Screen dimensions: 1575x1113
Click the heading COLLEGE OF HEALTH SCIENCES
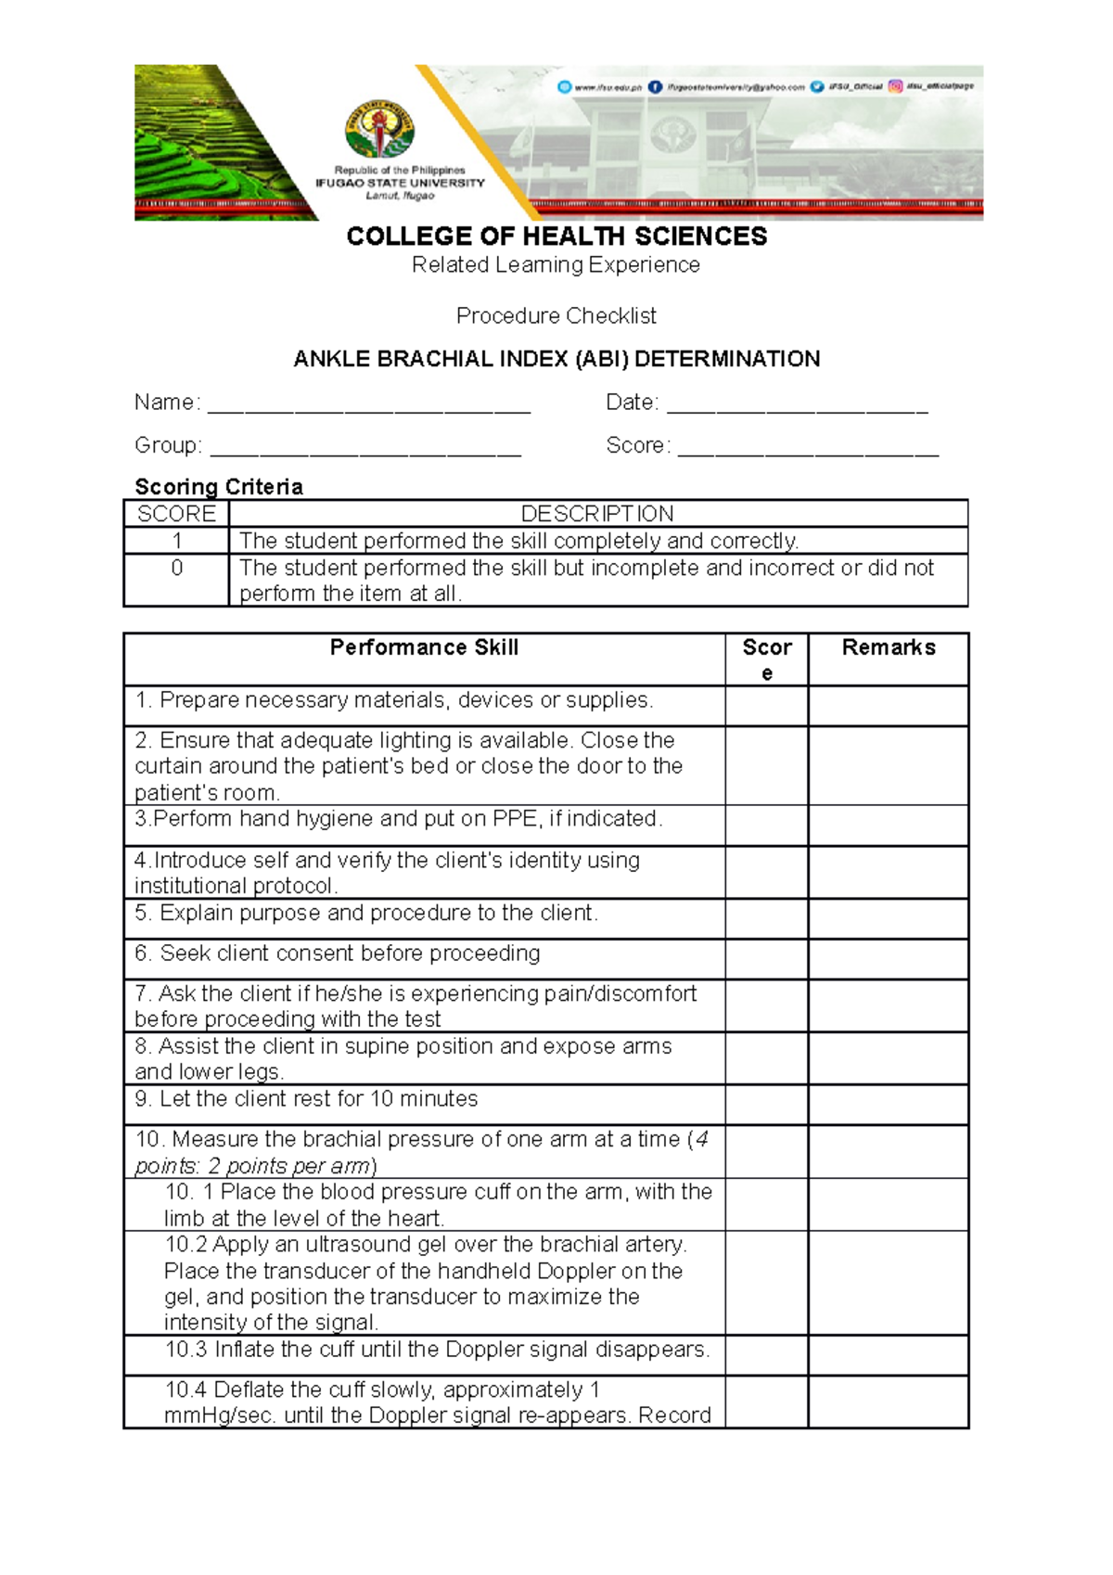[x=556, y=237]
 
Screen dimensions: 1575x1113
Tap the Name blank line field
[x=369, y=404]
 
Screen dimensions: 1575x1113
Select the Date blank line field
[x=797, y=404]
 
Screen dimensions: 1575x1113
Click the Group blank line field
[x=365, y=447]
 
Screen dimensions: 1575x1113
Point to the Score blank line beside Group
[x=808, y=447]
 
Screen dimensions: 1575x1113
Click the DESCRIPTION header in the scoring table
[x=597, y=514]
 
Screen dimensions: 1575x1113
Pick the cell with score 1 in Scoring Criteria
[x=176, y=541]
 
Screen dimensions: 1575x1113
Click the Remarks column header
[x=888, y=647]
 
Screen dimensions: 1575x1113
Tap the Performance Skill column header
[x=424, y=647]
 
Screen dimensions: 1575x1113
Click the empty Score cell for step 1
[x=766, y=706]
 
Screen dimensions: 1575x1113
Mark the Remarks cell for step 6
[x=888, y=959]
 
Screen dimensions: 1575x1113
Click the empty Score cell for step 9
[x=766, y=1105]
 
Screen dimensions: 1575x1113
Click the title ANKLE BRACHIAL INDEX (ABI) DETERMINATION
[x=556, y=360]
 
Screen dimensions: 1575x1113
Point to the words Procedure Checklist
[x=556, y=316]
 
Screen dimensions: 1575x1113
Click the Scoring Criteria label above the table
[x=219, y=487]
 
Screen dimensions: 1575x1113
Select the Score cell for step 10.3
[x=766, y=1355]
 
